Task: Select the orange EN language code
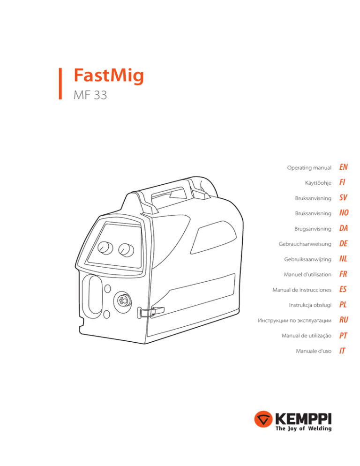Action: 345,167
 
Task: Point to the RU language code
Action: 345,320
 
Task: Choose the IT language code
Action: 343,351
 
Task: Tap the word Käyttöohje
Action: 317,182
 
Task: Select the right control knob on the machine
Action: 126,249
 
